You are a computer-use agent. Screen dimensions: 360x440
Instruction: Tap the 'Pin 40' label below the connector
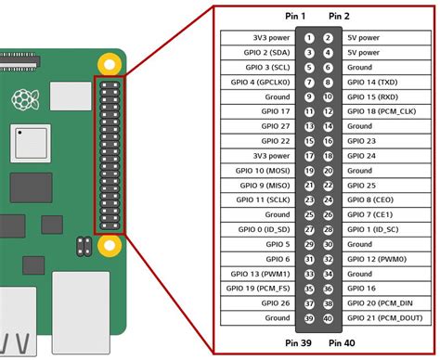click(340, 344)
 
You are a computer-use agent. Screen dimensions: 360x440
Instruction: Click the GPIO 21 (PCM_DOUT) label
click(384, 316)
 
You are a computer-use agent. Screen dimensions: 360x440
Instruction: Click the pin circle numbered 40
click(328, 316)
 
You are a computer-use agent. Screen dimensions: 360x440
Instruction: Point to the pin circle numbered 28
click(328, 228)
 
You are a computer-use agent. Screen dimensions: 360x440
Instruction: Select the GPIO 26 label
click(272, 302)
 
